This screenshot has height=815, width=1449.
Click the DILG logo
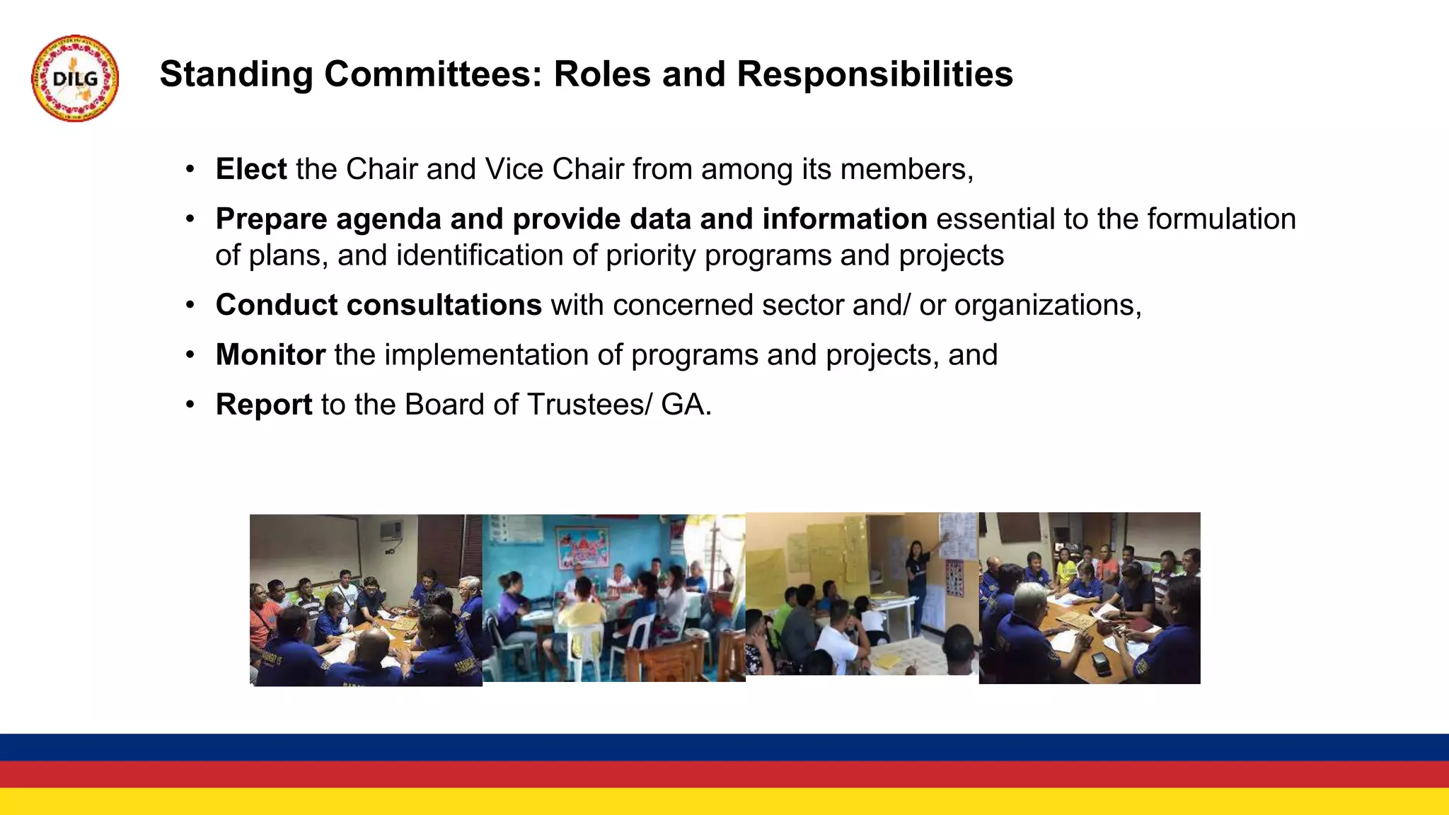pos(75,79)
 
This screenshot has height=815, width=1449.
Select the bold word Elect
pos(250,169)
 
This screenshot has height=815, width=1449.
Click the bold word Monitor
pos(270,354)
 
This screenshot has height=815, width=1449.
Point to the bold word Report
pos(263,405)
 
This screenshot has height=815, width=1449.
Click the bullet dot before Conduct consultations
pos(190,306)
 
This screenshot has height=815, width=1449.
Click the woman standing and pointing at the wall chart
pos(918,580)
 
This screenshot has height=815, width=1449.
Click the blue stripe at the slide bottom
pos(724,747)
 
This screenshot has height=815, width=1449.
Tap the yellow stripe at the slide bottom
pos(724,802)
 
